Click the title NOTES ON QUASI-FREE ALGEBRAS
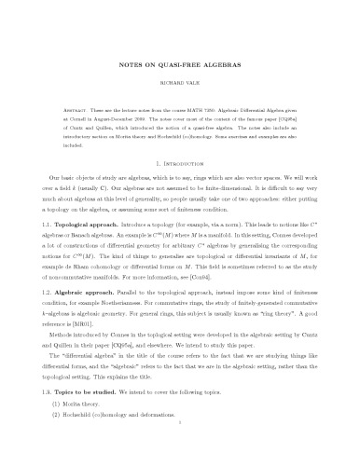[180, 67]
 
